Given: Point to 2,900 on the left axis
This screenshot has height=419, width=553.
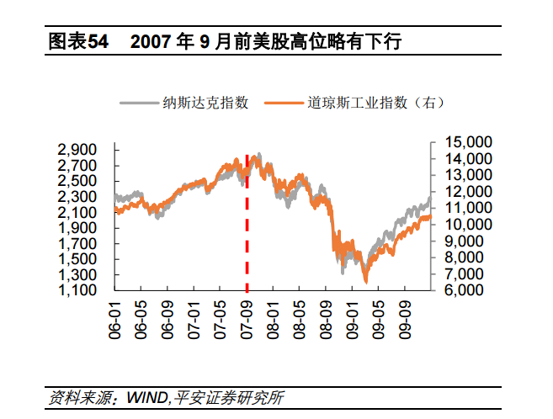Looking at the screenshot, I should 78,149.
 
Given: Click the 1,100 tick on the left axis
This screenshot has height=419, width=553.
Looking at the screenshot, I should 78,290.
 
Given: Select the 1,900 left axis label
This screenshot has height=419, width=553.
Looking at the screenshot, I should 78,227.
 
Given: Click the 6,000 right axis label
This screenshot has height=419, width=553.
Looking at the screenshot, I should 460,290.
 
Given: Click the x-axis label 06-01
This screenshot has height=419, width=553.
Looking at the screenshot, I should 116,317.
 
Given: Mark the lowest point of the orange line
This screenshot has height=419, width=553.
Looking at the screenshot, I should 365,282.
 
